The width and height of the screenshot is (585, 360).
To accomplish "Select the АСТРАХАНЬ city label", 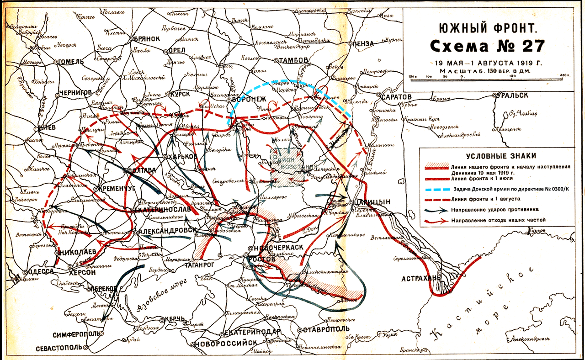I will tap(421, 278).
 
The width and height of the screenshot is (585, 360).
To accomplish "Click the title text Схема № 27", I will tap(487, 46).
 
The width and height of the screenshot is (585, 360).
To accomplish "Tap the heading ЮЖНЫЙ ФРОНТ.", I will tap(488, 29).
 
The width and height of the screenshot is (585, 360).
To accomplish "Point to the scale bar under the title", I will tap(487, 80).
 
